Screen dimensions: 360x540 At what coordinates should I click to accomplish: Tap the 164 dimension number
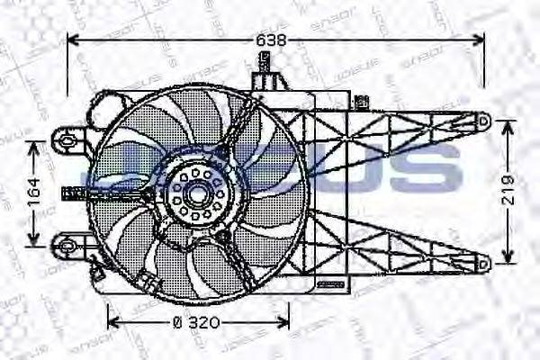pos(34,191)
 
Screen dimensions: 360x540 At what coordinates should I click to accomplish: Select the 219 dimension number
pos(508,191)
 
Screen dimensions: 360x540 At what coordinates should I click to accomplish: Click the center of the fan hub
pos(195,191)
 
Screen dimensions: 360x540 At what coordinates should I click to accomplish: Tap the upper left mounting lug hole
pos(65,138)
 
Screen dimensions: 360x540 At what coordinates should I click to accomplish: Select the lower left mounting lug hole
pos(65,243)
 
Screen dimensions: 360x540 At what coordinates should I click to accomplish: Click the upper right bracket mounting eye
pos(482,118)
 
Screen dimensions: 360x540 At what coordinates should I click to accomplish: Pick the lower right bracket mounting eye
pos(482,264)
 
